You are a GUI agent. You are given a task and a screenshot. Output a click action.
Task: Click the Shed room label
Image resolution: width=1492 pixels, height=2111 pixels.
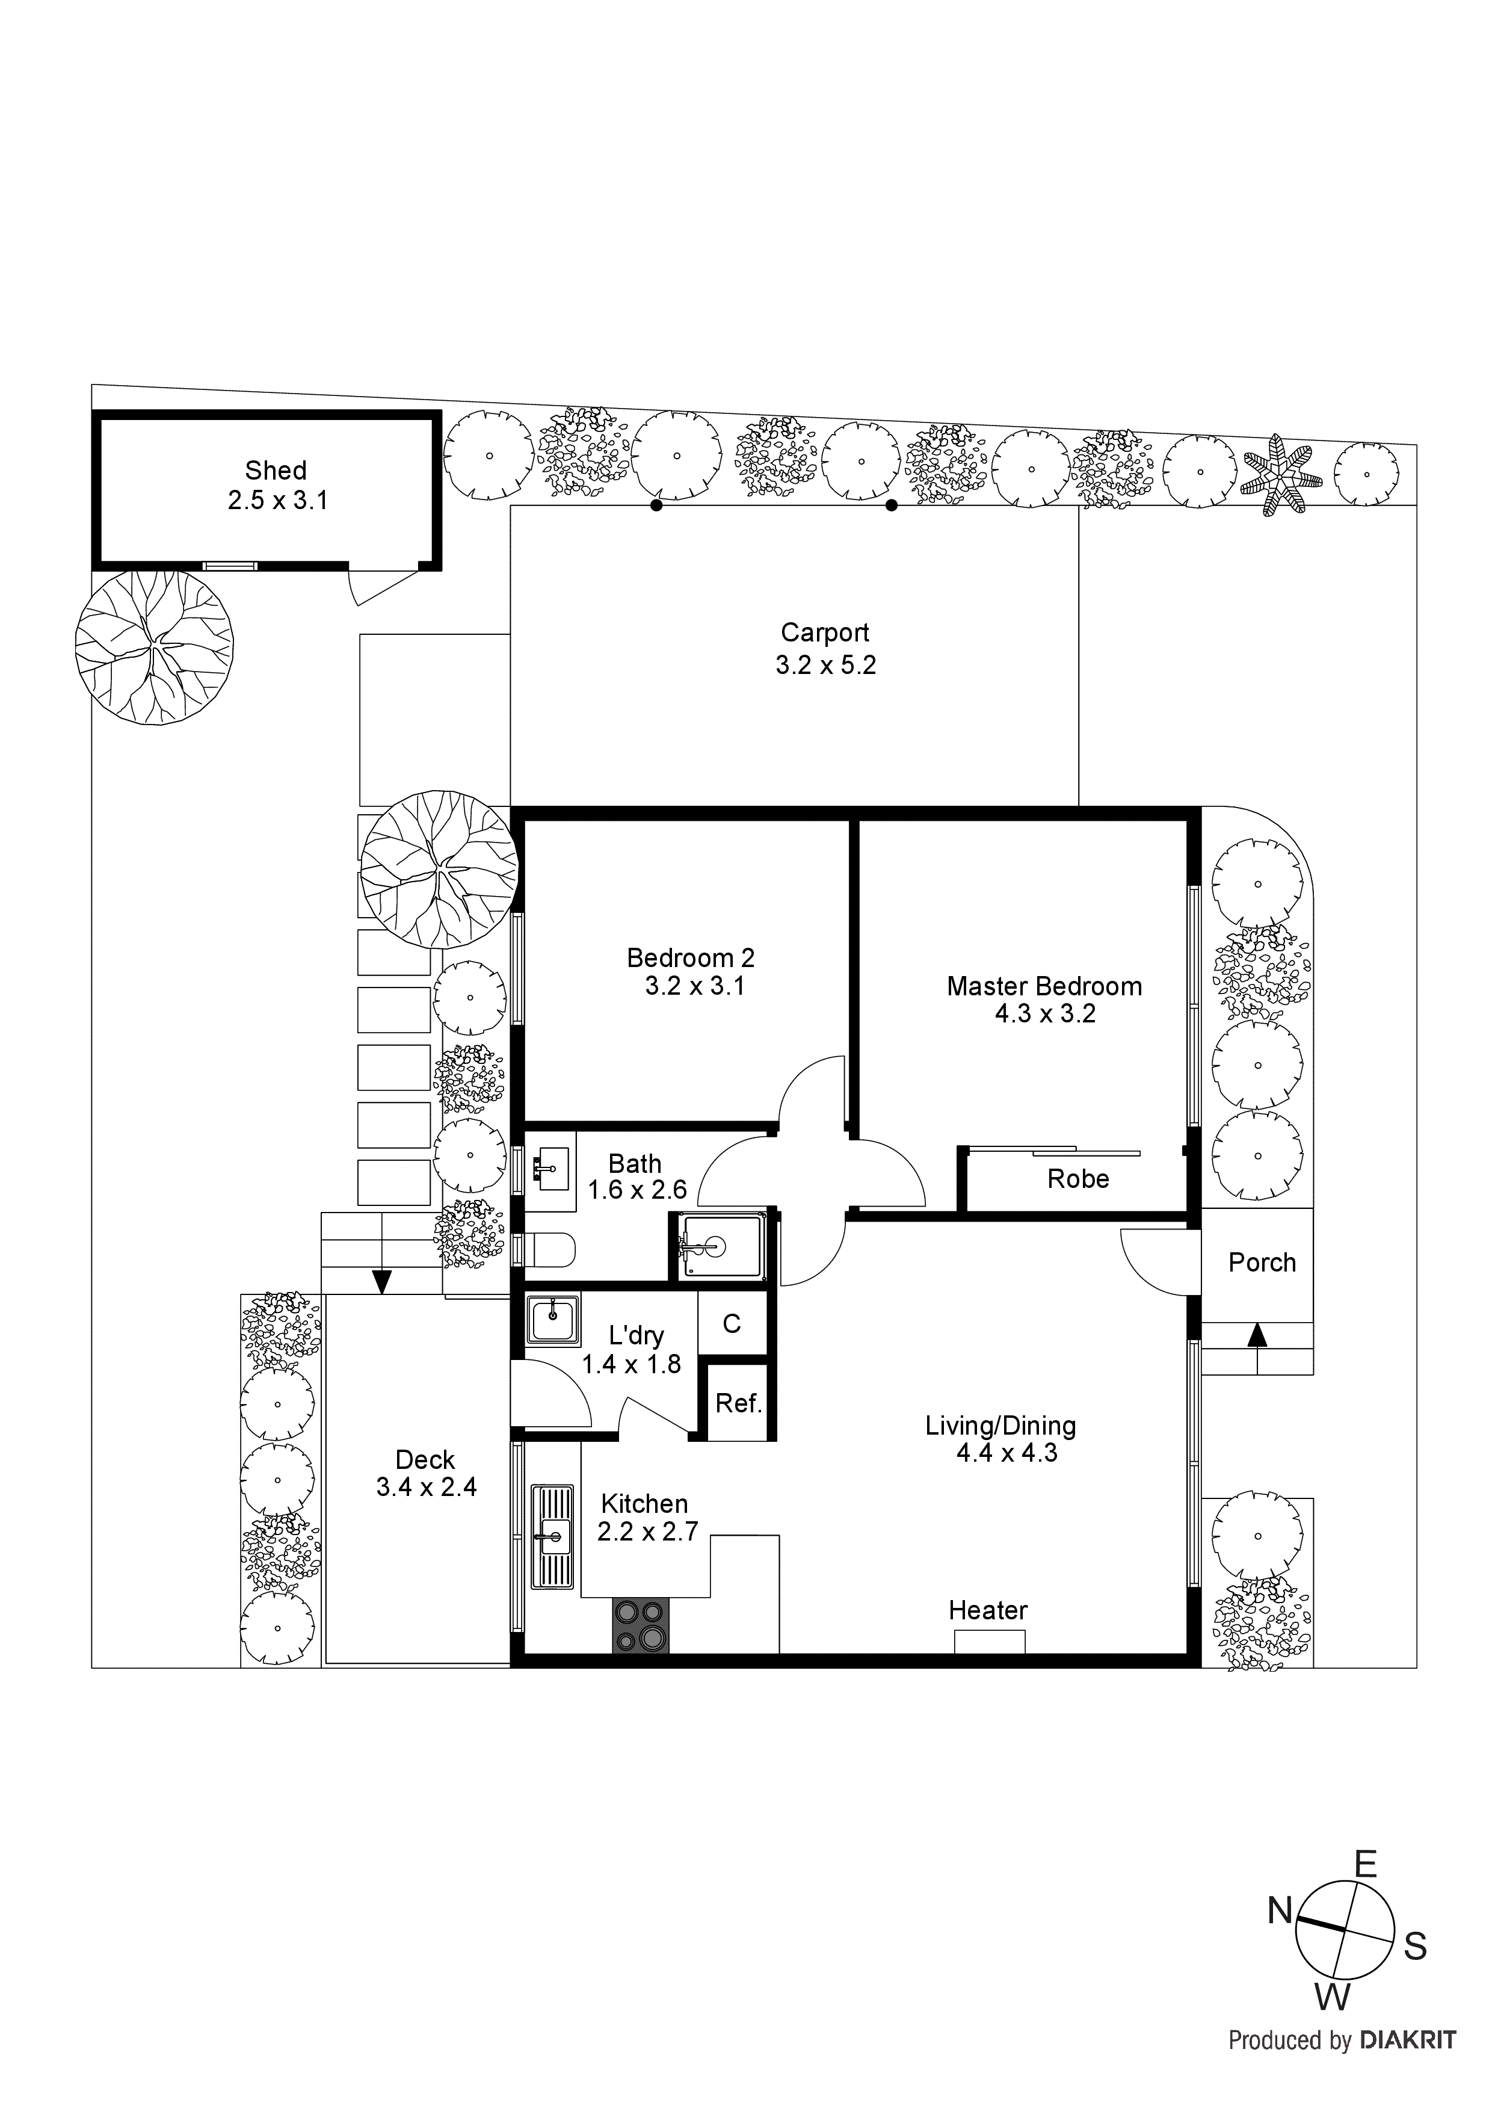[x=275, y=471]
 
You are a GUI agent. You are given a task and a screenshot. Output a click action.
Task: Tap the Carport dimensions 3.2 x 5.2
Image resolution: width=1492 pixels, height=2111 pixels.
[x=825, y=665]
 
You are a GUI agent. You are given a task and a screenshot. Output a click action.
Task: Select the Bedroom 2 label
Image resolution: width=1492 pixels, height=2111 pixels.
[x=691, y=958]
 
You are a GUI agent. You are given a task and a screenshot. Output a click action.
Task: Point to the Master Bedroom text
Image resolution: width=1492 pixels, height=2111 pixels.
[x=1044, y=986]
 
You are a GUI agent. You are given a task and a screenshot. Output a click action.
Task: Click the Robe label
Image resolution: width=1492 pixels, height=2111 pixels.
[x=1077, y=1179]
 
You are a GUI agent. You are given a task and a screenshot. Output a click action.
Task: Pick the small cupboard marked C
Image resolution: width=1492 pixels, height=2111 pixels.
[x=732, y=1323]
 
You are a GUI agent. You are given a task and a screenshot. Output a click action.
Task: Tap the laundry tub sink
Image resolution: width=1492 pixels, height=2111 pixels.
[x=552, y=1321]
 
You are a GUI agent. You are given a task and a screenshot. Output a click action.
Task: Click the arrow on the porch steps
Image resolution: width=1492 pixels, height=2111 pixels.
[x=1257, y=1335]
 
